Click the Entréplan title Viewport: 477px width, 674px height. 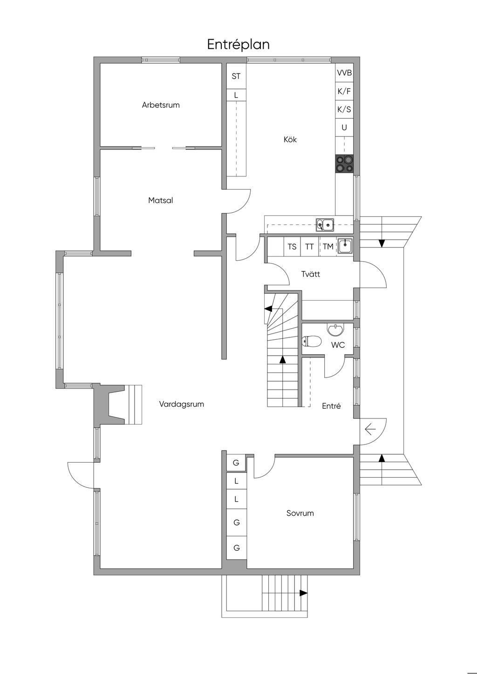point(238,45)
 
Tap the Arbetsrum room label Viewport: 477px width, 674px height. point(161,105)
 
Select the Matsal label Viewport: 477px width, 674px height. point(161,200)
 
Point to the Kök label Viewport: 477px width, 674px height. point(290,139)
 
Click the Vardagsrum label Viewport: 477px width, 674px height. point(182,404)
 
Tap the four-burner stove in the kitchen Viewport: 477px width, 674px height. point(344,164)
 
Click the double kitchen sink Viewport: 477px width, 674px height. point(325,225)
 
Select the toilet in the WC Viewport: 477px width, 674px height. point(311,341)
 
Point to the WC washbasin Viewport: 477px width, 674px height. point(335,330)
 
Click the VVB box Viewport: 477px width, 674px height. point(344,73)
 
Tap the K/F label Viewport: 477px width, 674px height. point(344,91)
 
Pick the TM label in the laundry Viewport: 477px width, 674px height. point(328,247)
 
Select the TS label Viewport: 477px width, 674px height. point(292,247)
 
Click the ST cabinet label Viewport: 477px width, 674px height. point(236,76)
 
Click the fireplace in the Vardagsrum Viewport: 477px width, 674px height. point(117,404)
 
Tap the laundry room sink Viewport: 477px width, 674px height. point(345,246)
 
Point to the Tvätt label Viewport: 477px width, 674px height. point(311,274)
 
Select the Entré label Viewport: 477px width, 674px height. point(331,406)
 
